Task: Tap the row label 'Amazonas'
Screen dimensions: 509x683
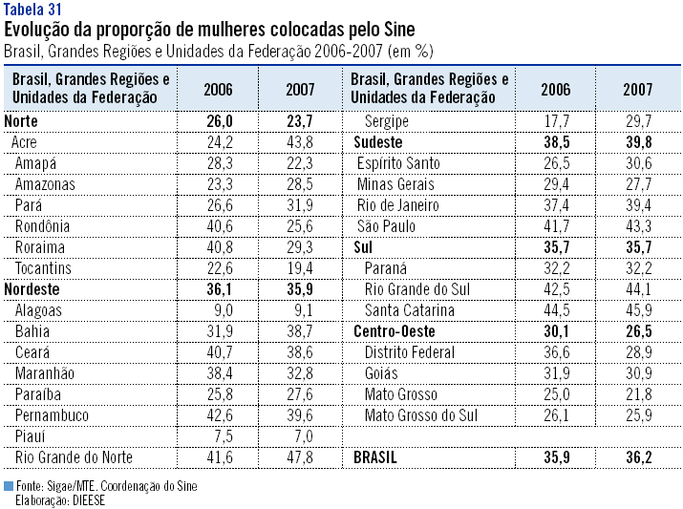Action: click(x=45, y=183)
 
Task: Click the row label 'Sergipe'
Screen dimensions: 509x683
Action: click(x=387, y=120)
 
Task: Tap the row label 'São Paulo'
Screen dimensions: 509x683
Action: click(x=386, y=225)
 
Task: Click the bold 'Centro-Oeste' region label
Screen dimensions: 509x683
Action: click(x=394, y=330)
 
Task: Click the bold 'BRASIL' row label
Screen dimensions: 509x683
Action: click(x=375, y=457)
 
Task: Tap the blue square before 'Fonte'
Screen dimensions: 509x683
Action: click(x=9, y=485)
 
